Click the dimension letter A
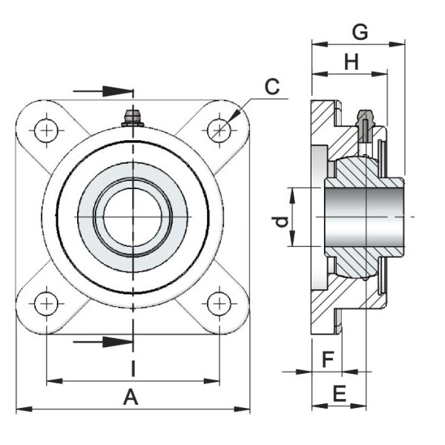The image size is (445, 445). (x=131, y=398)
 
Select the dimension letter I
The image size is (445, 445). (x=132, y=369)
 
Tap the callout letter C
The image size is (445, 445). (x=272, y=87)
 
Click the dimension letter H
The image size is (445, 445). (x=351, y=63)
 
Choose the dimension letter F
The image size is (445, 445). (x=326, y=360)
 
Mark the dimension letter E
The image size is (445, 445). (x=339, y=394)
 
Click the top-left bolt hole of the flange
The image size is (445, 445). (x=48, y=131)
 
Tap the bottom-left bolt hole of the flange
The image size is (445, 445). (x=47, y=303)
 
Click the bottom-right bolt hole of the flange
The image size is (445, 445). (x=218, y=303)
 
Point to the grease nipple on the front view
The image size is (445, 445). (x=133, y=117)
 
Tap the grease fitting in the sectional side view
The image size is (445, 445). (x=364, y=122)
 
